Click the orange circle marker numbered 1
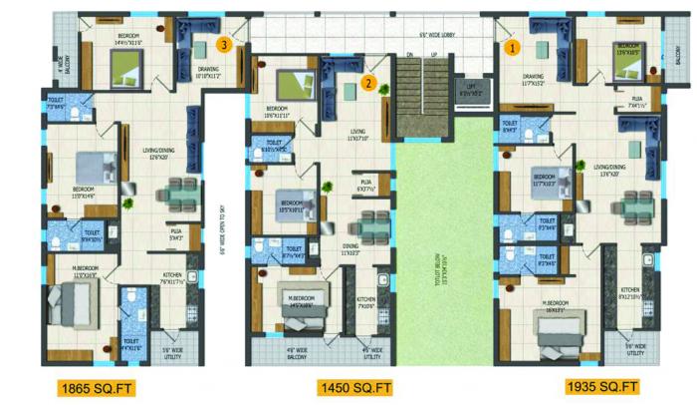514,45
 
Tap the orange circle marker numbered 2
368,84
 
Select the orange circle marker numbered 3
227,44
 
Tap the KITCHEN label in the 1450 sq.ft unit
366,299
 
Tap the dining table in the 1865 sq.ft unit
180,190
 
